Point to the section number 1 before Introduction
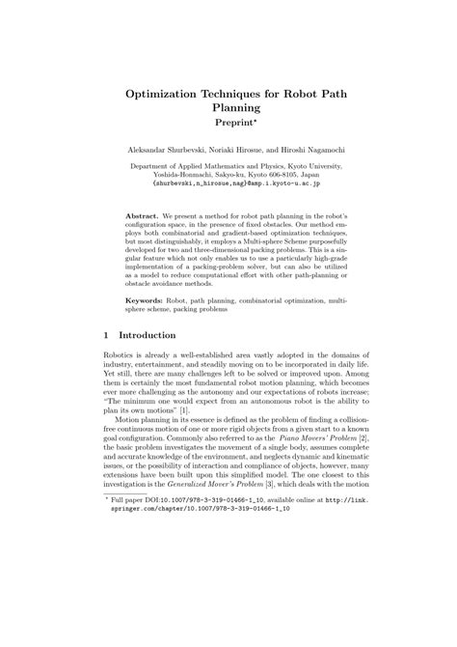tap(106, 336)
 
